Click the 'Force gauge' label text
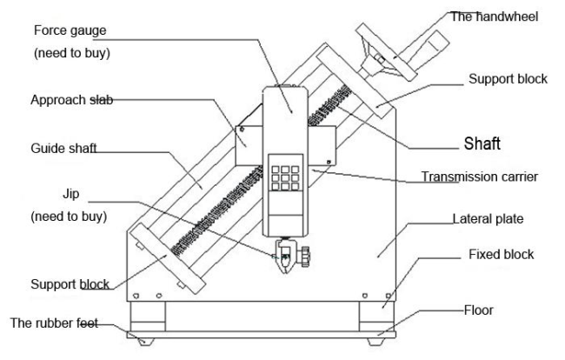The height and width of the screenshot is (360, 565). point(70,30)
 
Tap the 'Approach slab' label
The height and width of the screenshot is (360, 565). point(71,100)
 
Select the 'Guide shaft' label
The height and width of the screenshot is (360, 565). point(63,148)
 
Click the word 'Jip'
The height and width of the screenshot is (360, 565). point(71,194)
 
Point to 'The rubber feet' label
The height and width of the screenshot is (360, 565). point(54,323)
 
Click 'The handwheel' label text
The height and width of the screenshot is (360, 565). point(495,17)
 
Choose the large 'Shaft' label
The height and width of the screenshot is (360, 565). point(482,143)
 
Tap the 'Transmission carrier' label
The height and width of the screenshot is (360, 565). point(480,177)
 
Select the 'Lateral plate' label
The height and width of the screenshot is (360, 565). point(488,219)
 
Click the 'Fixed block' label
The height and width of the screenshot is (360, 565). point(501,255)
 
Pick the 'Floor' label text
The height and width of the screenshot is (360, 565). point(479,310)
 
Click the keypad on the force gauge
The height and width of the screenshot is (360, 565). point(285,177)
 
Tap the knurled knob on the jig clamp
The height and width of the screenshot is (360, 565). point(306,257)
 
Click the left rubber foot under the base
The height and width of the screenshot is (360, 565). point(145,341)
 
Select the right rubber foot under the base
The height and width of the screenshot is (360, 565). point(376,342)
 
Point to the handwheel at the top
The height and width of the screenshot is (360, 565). point(386,53)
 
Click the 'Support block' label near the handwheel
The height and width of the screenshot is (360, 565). point(508,79)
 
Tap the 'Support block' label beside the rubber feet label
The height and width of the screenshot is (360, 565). point(70,284)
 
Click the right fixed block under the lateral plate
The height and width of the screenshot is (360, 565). point(377,316)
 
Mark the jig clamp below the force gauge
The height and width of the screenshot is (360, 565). point(289,256)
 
